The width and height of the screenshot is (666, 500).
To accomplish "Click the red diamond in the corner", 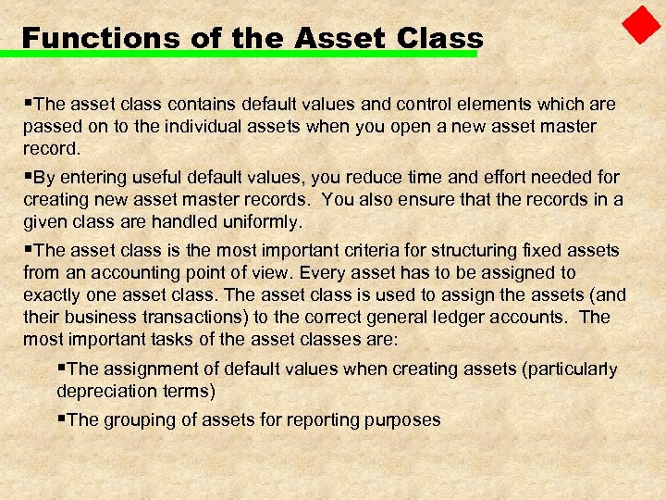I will point(641,26).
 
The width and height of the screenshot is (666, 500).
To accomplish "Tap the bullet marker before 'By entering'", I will point(28,176).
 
